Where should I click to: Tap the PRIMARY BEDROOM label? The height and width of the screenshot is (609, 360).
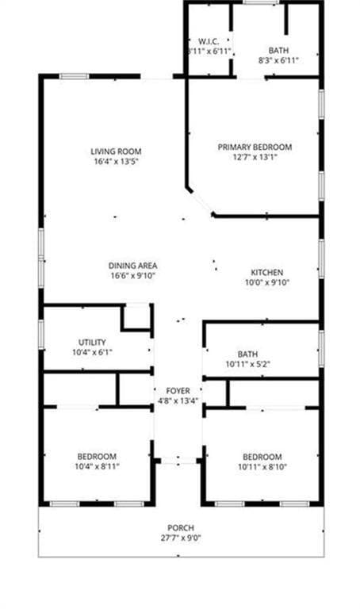[255, 147]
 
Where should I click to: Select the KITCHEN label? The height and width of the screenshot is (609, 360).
[267, 271]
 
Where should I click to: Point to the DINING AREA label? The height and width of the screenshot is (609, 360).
[133, 266]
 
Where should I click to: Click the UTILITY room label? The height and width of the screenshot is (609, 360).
[92, 342]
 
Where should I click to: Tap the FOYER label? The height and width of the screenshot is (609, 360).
[178, 391]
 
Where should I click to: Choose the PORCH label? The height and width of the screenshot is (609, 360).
[181, 528]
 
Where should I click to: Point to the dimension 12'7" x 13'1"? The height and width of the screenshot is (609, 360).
[255, 157]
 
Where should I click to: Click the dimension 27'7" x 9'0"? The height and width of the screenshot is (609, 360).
[181, 538]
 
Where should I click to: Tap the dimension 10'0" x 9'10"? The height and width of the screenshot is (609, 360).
[267, 282]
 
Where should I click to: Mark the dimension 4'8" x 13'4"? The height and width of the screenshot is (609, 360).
[178, 401]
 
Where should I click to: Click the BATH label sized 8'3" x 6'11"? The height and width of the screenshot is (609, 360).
[278, 49]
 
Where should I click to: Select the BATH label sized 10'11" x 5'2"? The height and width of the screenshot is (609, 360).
[248, 354]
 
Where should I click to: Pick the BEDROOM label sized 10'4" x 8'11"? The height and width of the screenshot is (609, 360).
[97, 456]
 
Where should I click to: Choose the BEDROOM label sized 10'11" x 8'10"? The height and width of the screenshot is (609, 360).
[262, 456]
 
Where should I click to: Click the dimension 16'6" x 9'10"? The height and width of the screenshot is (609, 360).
[133, 277]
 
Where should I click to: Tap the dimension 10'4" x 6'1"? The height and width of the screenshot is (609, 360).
[92, 352]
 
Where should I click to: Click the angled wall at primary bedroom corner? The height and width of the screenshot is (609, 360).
[199, 201]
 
